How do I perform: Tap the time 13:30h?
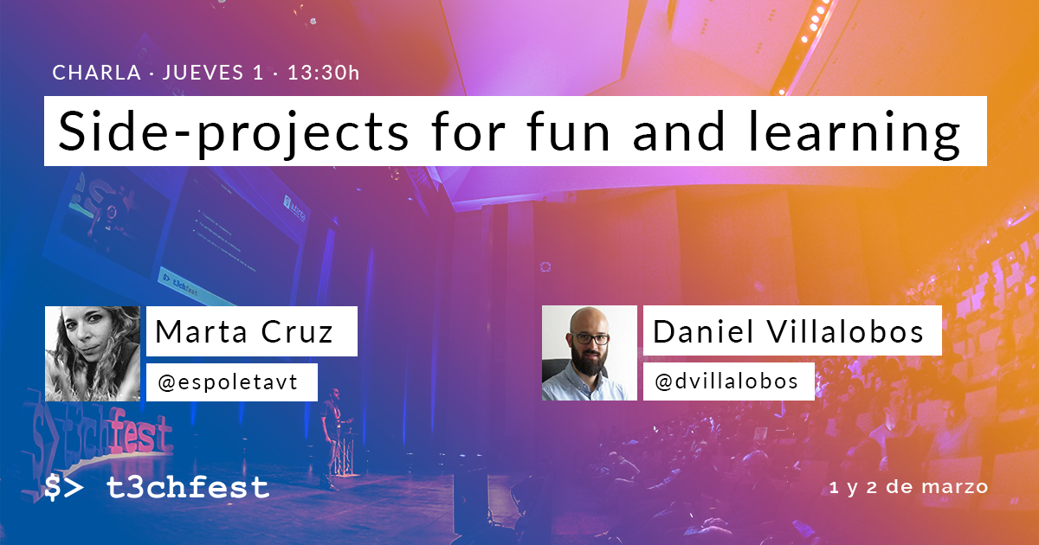[323, 73]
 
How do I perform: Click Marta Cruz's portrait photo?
[92, 353]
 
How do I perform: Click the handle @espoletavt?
[228, 382]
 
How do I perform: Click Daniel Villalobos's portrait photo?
[589, 353]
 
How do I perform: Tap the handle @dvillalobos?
[726, 381]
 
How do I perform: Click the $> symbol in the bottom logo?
[65, 488]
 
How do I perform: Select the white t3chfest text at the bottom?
[187, 488]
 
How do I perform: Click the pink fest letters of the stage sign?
[139, 432]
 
